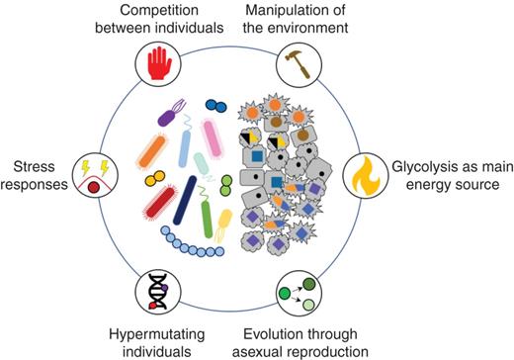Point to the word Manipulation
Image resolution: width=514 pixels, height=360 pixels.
coord(296,11)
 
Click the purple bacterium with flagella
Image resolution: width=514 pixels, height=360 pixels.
coord(171,116)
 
